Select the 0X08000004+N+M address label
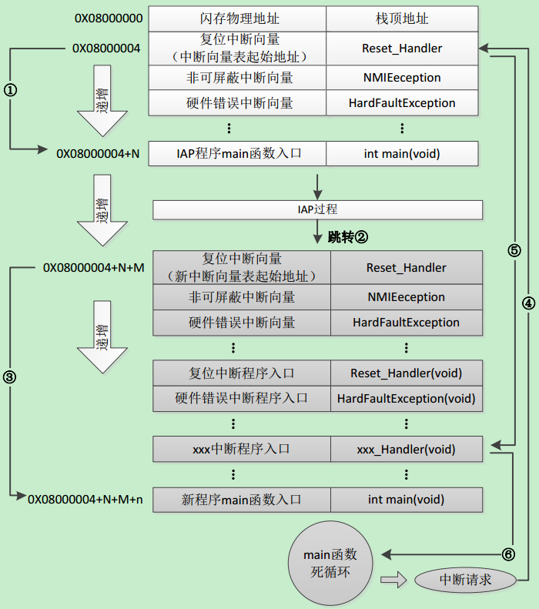(94, 268)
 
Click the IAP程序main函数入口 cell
(236, 153)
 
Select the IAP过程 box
(317, 209)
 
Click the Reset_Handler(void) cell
(406, 373)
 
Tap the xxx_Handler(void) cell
(406, 449)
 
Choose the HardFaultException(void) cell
(406, 399)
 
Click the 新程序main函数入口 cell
(241, 500)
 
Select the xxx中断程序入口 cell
(241, 449)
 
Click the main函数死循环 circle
(329, 564)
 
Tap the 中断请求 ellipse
(465, 580)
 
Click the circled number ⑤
(514, 250)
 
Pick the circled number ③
(10, 376)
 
